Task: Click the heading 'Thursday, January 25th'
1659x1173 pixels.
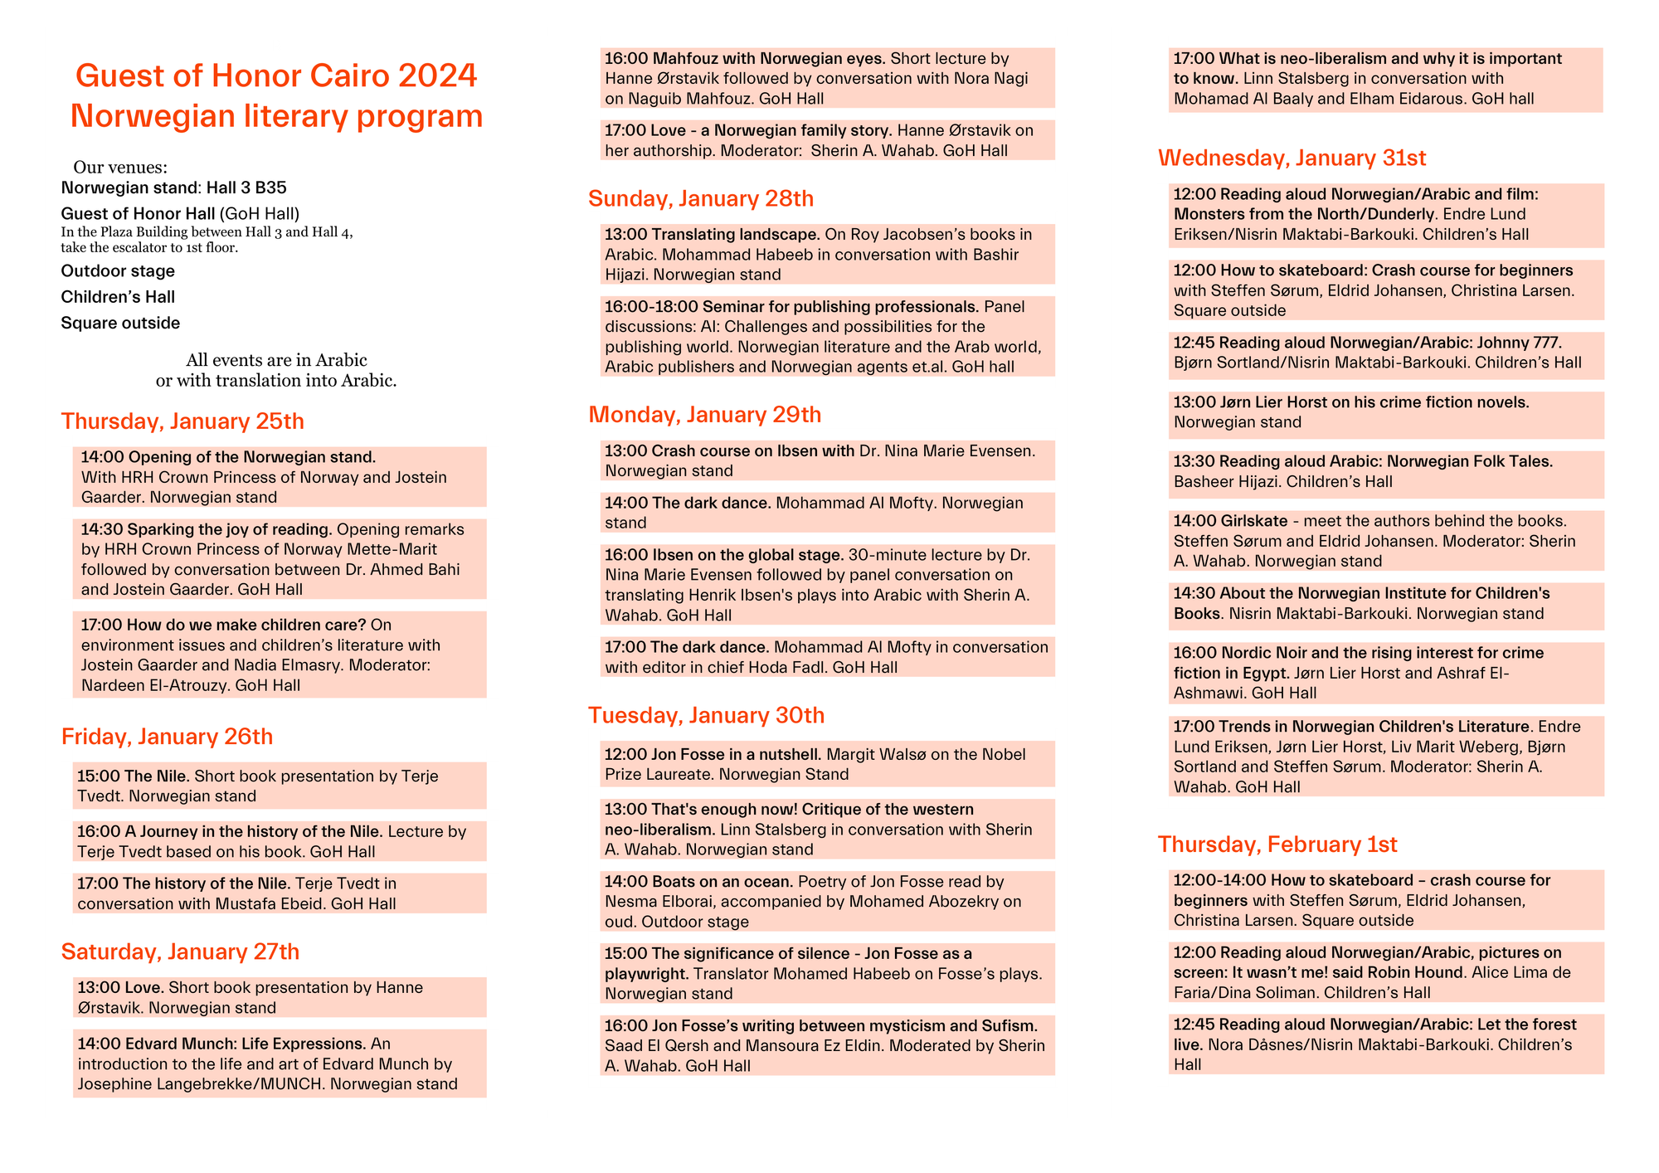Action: pyautogui.click(x=182, y=421)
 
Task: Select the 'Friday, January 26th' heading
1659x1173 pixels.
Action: pyautogui.click(x=167, y=737)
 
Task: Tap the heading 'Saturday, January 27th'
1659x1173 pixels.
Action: pyautogui.click(x=180, y=952)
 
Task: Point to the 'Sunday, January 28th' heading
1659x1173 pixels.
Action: pyautogui.click(x=701, y=199)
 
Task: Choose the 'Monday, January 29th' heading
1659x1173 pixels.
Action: pyautogui.click(x=704, y=415)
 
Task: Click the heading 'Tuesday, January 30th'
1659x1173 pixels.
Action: pyautogui.click(x=706, y=715)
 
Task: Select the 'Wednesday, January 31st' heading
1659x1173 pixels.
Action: pyautogui.click(x=1292, y=158)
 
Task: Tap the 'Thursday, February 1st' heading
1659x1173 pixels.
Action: pyautogui.click(x=1277, y=844)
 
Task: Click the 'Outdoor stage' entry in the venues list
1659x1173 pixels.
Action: pyautogui.click(x=118, y=271)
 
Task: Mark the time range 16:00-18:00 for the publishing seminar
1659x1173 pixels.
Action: pyautogui.click(x=651, y=307)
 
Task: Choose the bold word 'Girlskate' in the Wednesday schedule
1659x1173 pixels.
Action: pyautogui.click(x=1254, y=521)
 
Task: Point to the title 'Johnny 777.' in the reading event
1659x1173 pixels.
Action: pyautogui.click(x=1520, y=343)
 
